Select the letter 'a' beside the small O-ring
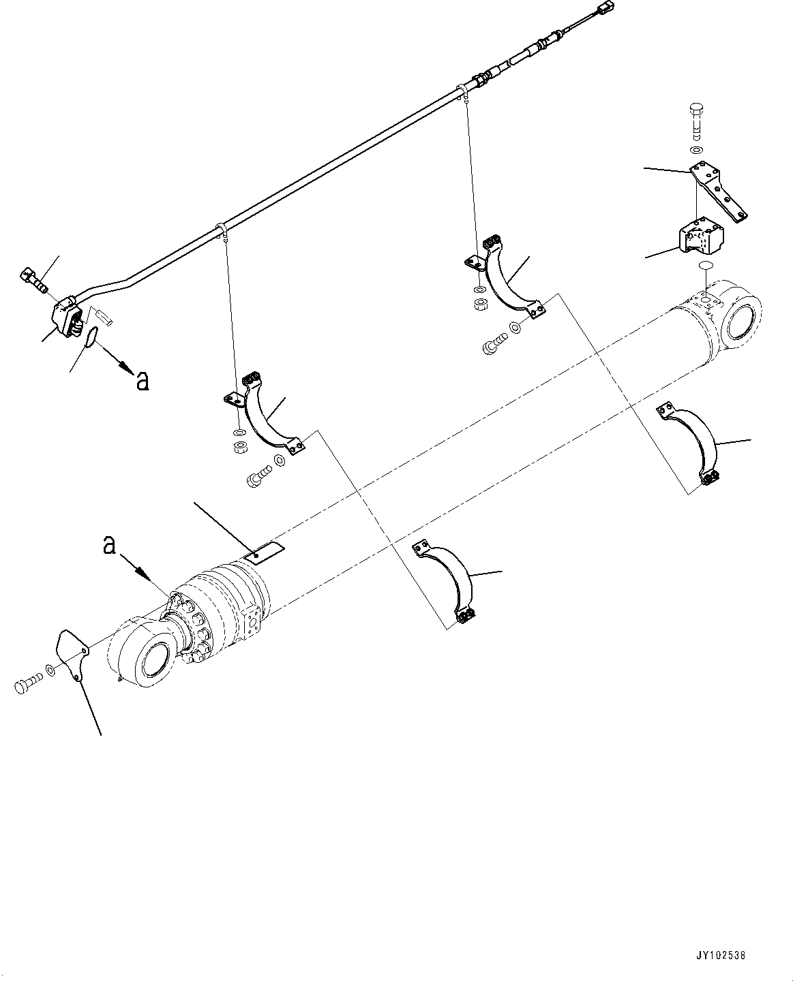pos(142,381)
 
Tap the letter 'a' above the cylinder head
pos(109,546)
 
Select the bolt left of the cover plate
pos(27,685)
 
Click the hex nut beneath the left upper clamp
pos(240,448)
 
